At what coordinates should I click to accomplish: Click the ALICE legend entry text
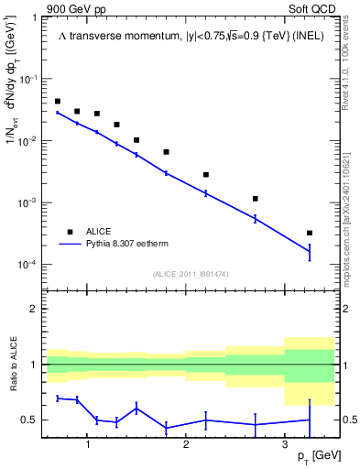(100, 231)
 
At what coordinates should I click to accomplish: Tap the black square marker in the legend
(69, 231)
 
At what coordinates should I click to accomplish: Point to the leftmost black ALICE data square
(58, 102)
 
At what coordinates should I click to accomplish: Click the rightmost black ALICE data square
(310, 233)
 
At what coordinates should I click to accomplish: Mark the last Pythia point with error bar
(310, 251)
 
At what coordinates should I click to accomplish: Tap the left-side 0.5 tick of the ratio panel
(32, 420)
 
